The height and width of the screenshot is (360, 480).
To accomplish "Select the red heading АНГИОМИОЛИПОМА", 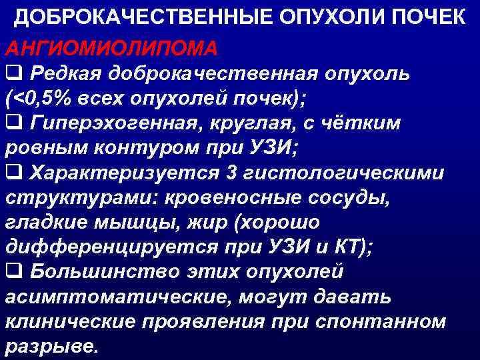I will pyautogui.click(x=111, y=48).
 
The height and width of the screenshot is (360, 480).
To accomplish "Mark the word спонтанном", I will pyautogui.click(x=389, y=321).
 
